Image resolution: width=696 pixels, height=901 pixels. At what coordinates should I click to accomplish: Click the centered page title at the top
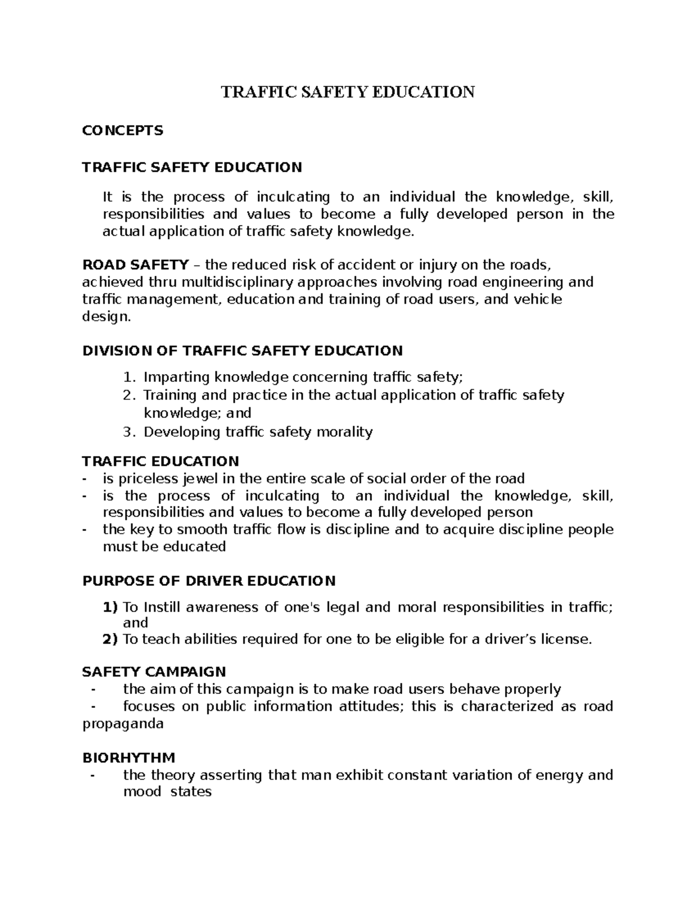point(347,92)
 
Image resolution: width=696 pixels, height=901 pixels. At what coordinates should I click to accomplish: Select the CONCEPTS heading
point(122,131)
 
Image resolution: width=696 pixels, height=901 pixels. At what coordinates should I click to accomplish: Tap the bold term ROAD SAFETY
point(135,265)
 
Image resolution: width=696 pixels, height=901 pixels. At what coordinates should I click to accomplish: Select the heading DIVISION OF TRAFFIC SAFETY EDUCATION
point(242,350)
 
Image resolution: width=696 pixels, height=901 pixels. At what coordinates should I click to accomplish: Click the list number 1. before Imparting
point(129,378)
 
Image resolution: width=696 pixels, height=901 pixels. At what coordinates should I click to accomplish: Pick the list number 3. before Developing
point(129,432)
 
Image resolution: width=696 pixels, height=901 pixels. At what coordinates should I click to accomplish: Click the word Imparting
point(177,378)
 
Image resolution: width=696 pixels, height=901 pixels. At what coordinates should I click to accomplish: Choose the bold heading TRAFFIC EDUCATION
point(160,461)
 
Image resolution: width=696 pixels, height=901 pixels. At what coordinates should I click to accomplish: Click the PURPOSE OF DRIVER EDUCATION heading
point(209,581)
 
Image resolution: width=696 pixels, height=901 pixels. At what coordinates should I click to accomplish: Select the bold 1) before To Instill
point(110,607)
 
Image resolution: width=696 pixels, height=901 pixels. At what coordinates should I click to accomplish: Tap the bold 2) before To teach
point(110,639)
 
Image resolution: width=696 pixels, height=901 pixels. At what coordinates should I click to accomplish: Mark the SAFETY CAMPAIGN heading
point(154,672)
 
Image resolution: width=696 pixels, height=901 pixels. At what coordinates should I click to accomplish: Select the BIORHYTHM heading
point(129,758)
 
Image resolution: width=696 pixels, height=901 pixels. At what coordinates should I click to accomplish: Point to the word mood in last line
point(142,792)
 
